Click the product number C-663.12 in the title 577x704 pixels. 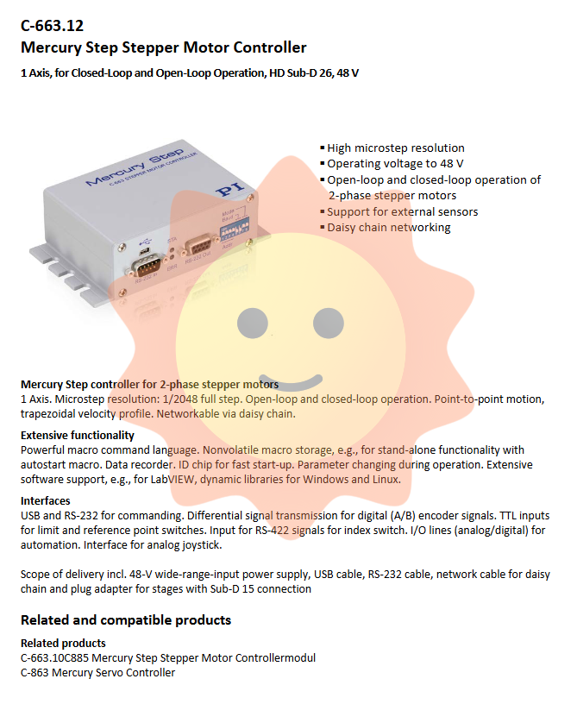tap(52, 26)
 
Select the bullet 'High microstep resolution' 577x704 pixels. tap(395, 148)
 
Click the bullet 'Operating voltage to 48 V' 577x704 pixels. tap(395, 164)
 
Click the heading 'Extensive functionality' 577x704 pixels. tap(78, 436)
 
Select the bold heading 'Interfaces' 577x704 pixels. tap(46, 501)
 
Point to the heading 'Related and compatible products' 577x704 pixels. tap(126, 620)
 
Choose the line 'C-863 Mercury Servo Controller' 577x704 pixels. tap(97, 673)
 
